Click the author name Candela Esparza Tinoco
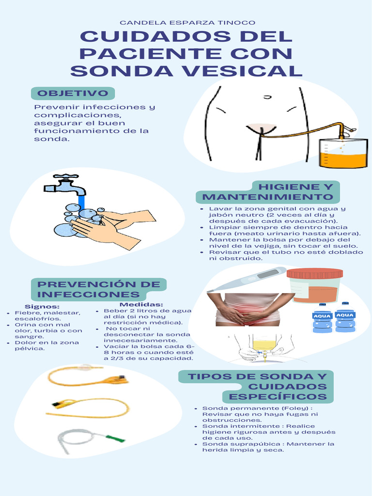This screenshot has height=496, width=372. [x=187, y=23]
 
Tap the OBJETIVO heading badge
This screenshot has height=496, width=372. [x=73, y=93]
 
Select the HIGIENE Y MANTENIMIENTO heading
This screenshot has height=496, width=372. [x=268, y=192]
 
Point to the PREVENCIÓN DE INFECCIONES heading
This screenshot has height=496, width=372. [x=99, y=289]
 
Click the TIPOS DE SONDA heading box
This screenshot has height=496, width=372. [x=257, y=387]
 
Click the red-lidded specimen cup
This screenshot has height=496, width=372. [x=315, y=286]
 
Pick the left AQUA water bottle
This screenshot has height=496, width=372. [x=322, y=318]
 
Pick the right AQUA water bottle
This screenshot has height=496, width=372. [x=345, y=317]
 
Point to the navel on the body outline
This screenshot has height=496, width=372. [x=267, y=97]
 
